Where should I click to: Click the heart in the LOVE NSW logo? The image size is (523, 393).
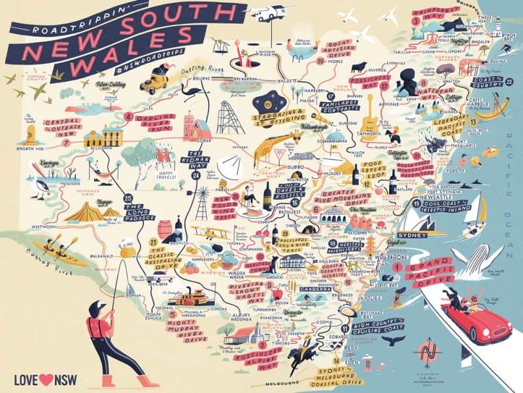pyautogui.click(x=44, y=378)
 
